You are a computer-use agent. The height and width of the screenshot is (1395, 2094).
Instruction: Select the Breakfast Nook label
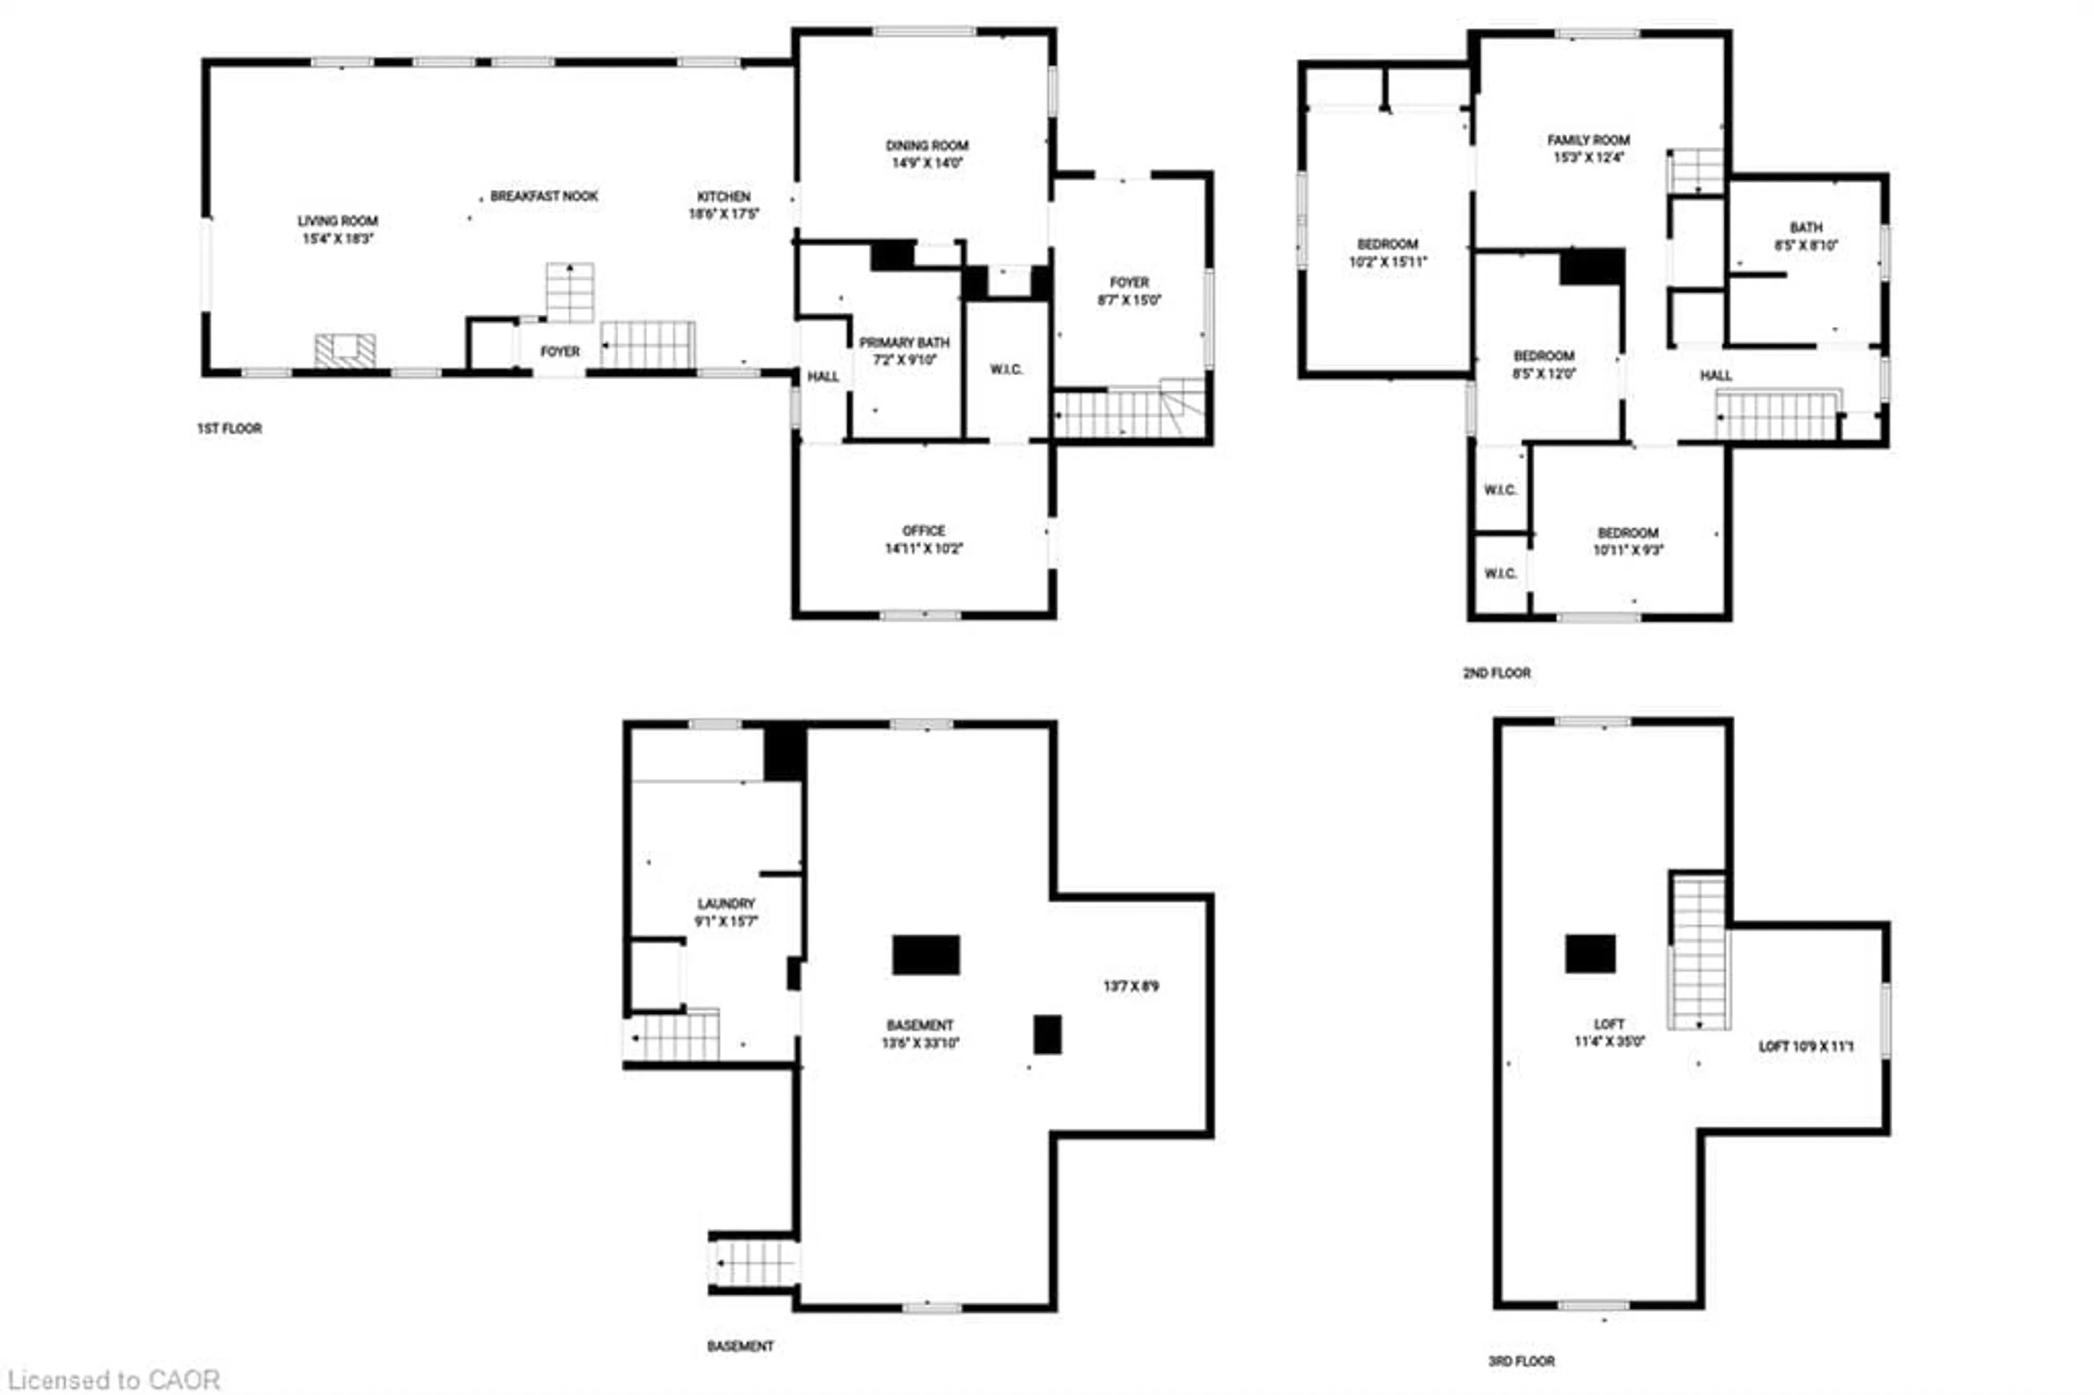tap(544, 196)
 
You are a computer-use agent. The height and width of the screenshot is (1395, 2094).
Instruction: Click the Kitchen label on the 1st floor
tap(723, 196)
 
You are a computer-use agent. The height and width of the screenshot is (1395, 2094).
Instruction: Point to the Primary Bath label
tap(904, 342)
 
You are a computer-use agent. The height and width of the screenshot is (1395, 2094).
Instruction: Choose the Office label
tap(923, 530)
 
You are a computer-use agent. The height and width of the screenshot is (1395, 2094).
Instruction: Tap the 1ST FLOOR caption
tap(230, 429)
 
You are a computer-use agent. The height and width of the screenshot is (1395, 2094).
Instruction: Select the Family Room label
tap(1588, 140)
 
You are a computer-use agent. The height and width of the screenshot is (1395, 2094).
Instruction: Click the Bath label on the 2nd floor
tap(1806, 228)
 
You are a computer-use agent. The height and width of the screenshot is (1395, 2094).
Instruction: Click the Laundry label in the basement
tap(726, 904)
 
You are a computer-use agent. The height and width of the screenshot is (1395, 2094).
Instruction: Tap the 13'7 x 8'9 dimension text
tap(1130, 986)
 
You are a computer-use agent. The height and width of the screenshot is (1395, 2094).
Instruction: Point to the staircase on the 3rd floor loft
tap(1699, 952)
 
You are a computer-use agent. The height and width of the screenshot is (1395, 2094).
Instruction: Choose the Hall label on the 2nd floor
tap(1715, 375)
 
